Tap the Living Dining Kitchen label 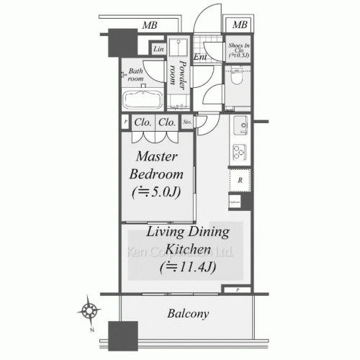pos(188,241)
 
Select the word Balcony pos(189,314)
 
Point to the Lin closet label pos(158,49)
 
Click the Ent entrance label pos(200,56)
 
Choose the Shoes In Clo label pos(238,49)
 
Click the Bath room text pos(135,75)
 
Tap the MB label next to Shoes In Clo pos(240,25)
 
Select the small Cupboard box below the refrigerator pos(235,204)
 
